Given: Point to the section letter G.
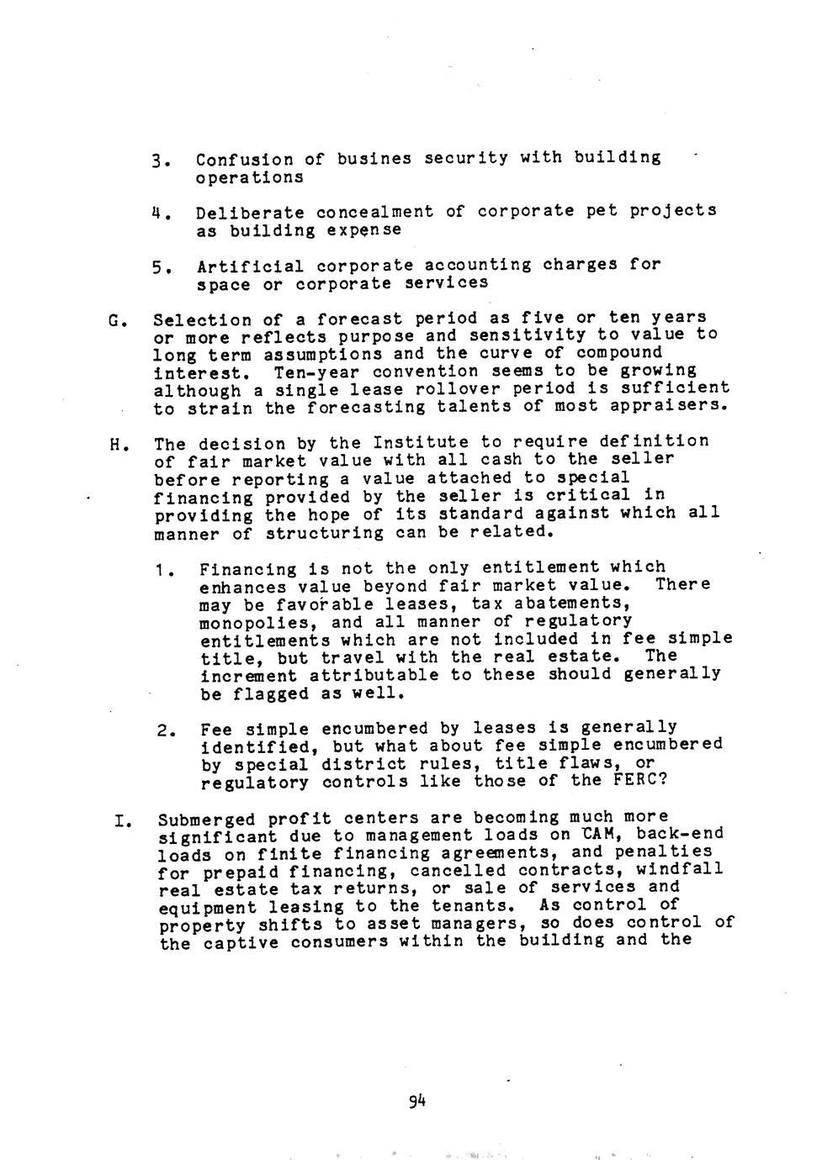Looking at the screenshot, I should [x=114, y=320].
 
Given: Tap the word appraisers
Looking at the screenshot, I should [x=674, y=406].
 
